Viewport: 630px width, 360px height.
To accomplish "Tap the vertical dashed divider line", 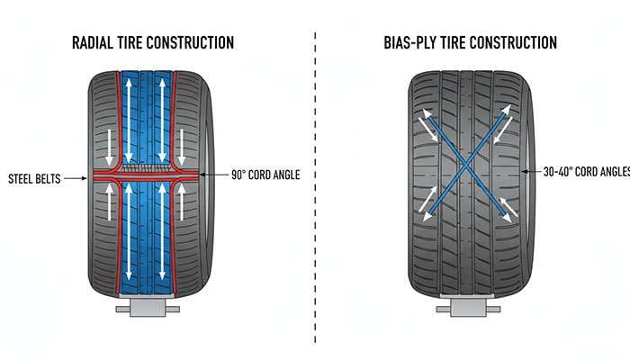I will [315, 180].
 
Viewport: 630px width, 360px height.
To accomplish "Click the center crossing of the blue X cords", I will [463, 166].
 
